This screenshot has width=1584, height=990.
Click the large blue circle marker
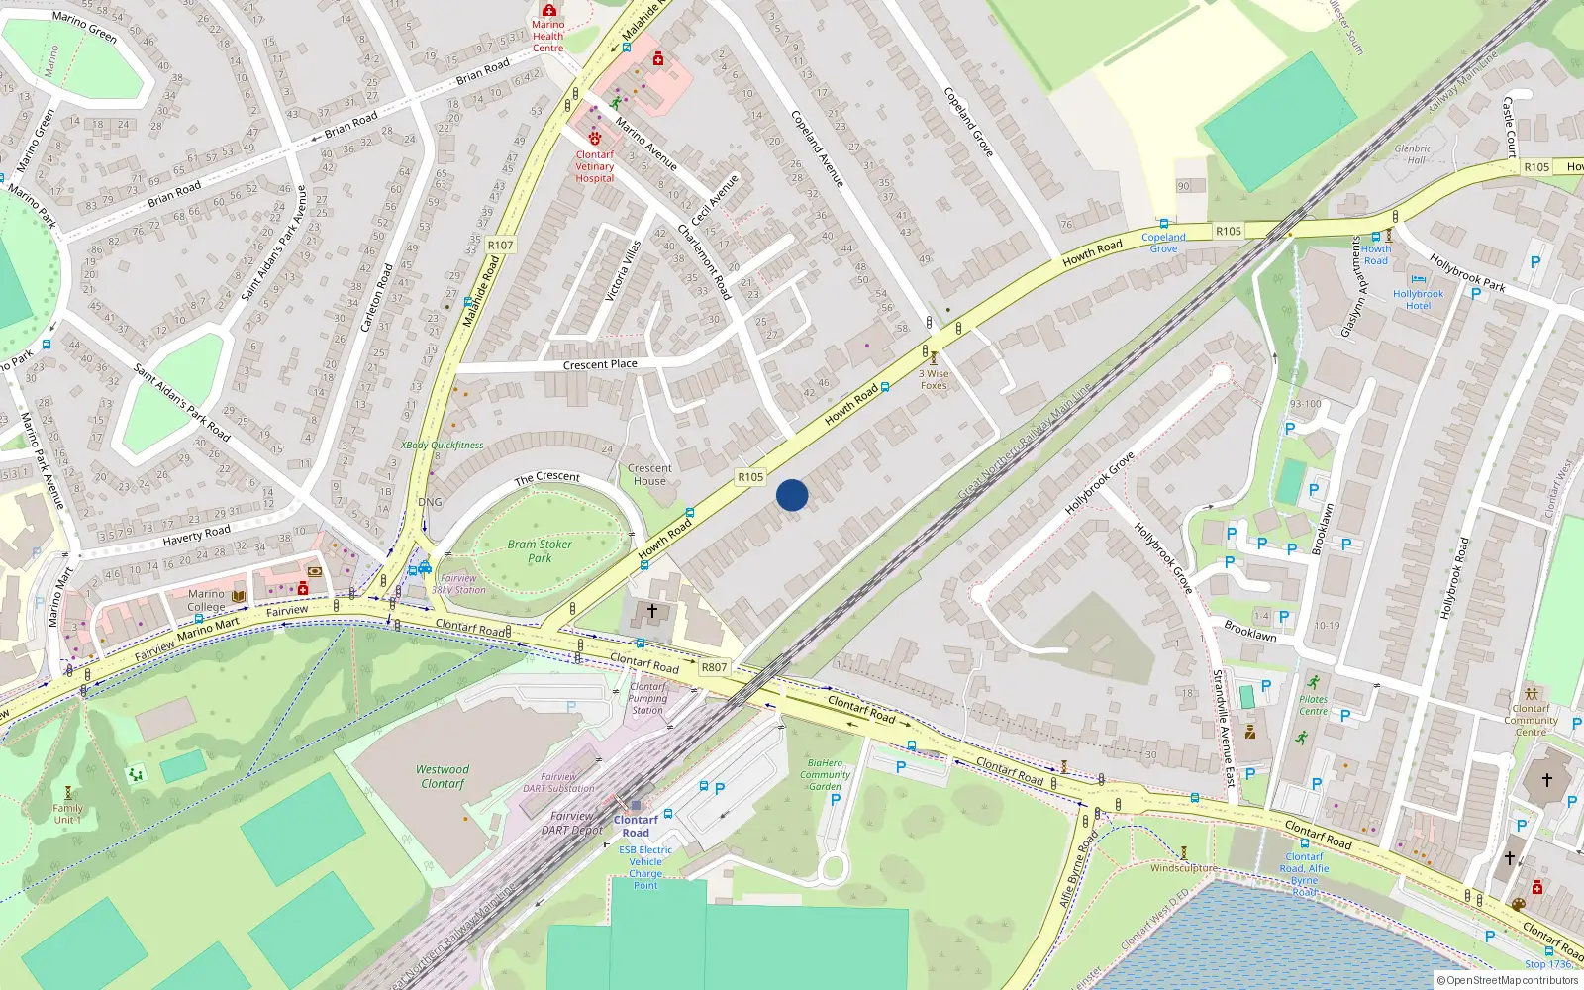click(792, 495)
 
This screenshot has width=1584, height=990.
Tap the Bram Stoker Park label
click(540, 551)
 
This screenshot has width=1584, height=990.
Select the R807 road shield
click(714, 667)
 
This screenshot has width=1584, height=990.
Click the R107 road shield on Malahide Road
click(501, 245)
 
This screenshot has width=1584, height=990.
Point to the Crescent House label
click(649, 475)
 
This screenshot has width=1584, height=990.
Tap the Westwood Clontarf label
click(443, 776)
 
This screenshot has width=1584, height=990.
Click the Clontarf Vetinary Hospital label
click(595, 166)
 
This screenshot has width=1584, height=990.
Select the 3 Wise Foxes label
click(934, 379)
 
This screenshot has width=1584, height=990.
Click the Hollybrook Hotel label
click(1418, 300)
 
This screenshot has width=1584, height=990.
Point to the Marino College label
click(206, 600)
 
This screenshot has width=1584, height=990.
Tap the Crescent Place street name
click(600, 364)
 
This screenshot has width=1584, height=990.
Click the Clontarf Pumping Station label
click(647, 698)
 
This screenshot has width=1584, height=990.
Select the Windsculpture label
click(1184, 868)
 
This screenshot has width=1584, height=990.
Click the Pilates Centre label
click(1313, 705)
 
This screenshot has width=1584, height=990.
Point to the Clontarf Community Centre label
click(1531, 720)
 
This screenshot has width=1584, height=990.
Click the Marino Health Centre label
click(547, 36)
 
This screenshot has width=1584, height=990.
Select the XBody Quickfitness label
click(443, 445)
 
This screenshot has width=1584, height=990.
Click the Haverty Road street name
click(196, 536)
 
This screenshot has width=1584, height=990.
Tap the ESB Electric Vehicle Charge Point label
click(645, 867)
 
